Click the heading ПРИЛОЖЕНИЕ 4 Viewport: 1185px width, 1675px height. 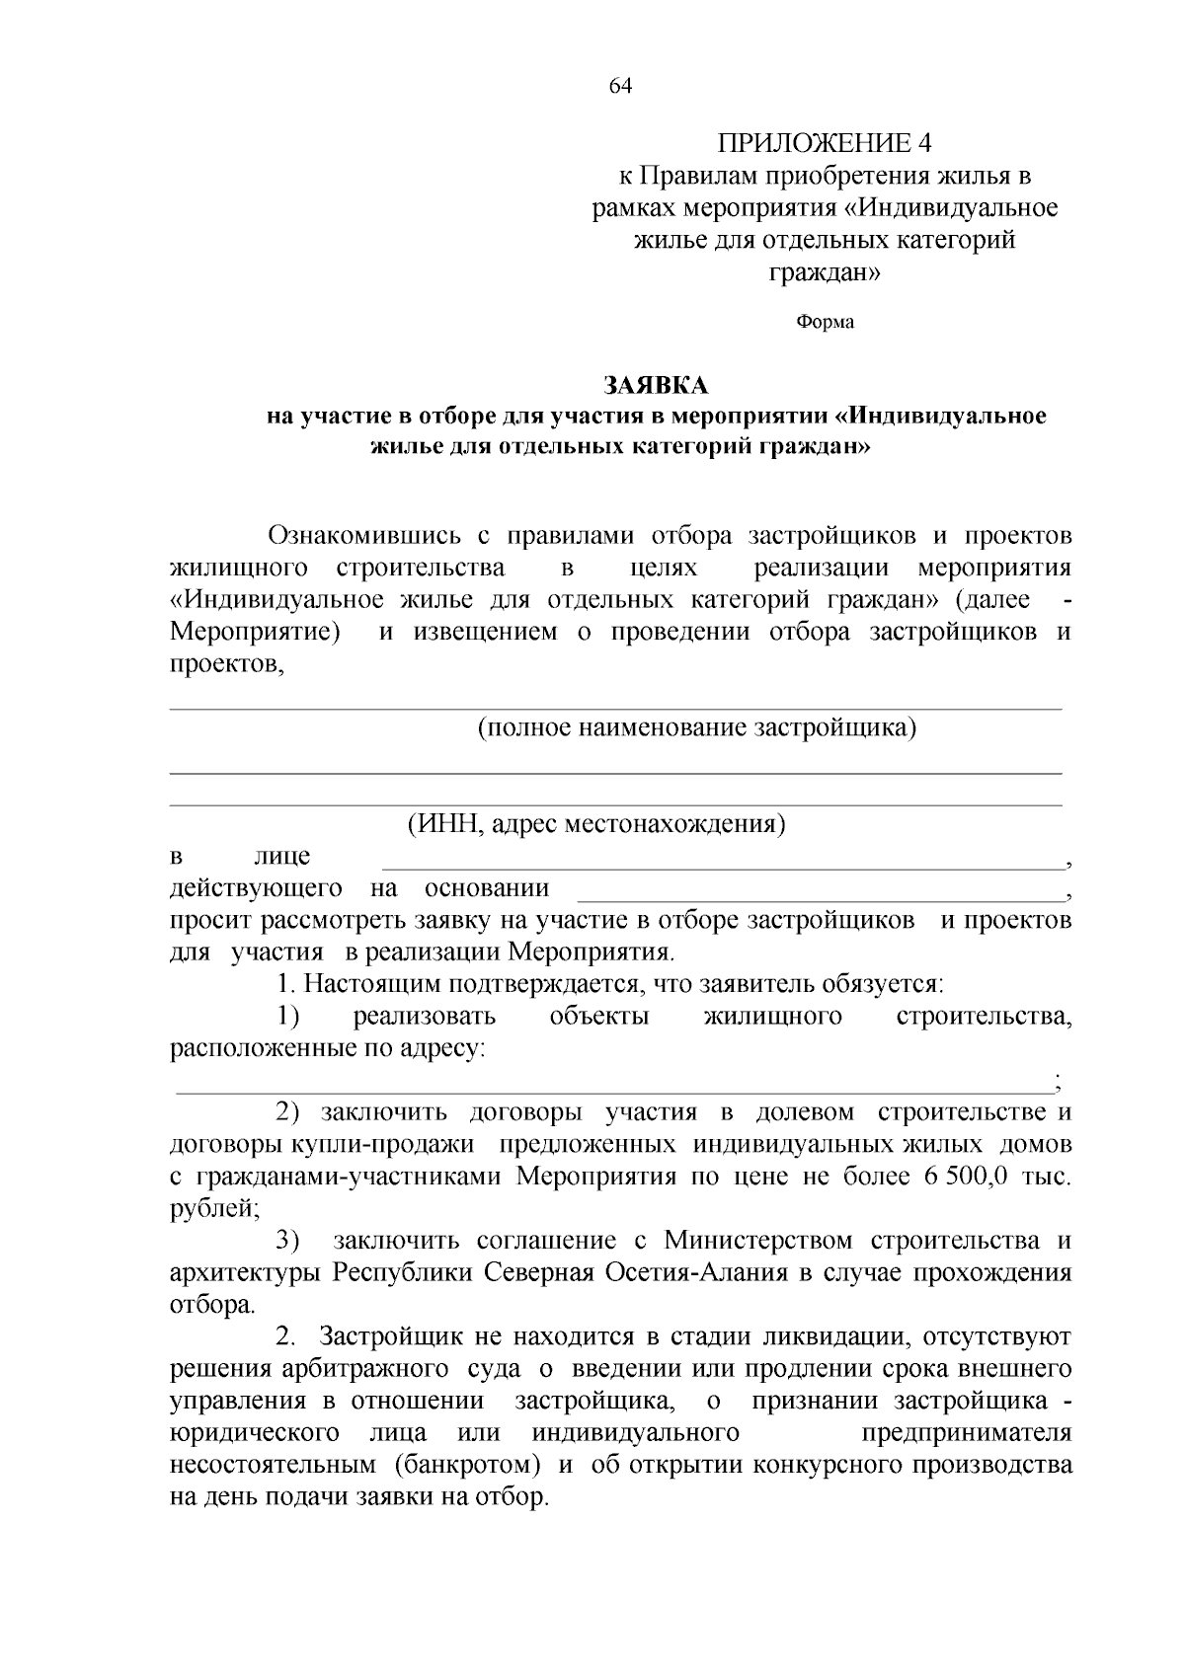[x=824, y=143]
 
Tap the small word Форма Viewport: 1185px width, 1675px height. [x=825, y=322]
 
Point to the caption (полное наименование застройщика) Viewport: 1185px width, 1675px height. [x=696, y=728]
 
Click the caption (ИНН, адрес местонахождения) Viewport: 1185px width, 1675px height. [x=596, y=823]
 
